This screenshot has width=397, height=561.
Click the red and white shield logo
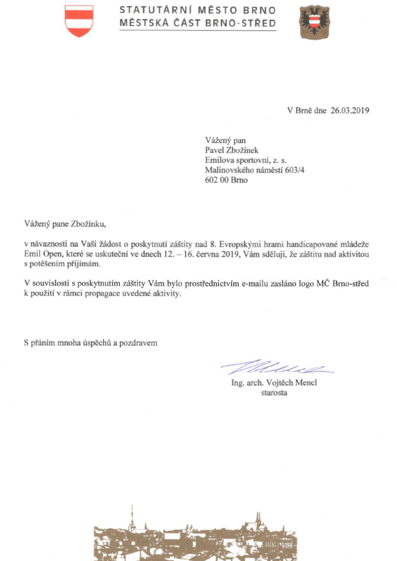79,21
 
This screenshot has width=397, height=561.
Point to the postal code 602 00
217,180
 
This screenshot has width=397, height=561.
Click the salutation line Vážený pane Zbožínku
66,223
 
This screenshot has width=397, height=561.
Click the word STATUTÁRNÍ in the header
151,11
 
